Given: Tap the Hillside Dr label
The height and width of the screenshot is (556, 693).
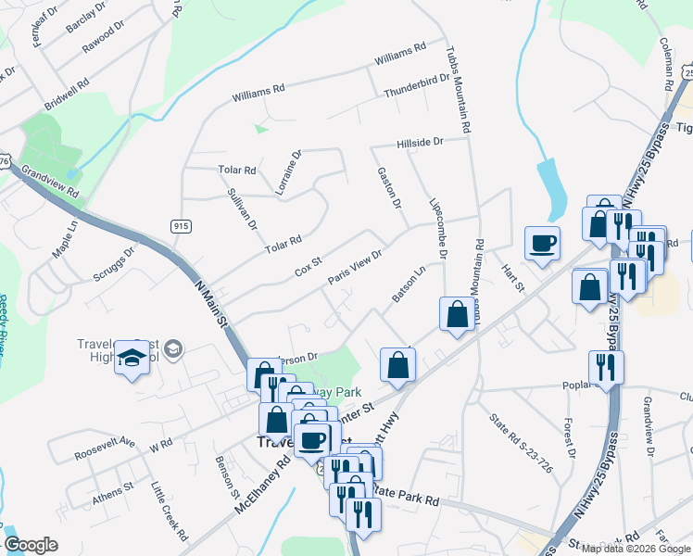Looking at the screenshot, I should [x=420, y=143].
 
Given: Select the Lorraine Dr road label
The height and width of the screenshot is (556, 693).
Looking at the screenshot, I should [x=288, y=172].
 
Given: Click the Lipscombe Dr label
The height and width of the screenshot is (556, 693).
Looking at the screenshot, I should [x=439, y=228].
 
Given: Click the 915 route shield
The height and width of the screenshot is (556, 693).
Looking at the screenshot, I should [x=181, y=225].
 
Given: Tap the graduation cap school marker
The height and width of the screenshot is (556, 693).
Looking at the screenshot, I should [x=132, y=359].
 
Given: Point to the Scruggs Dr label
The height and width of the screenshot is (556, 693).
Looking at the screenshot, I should [x=114, y=264].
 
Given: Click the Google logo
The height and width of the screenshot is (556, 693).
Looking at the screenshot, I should [x=31, y=545].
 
